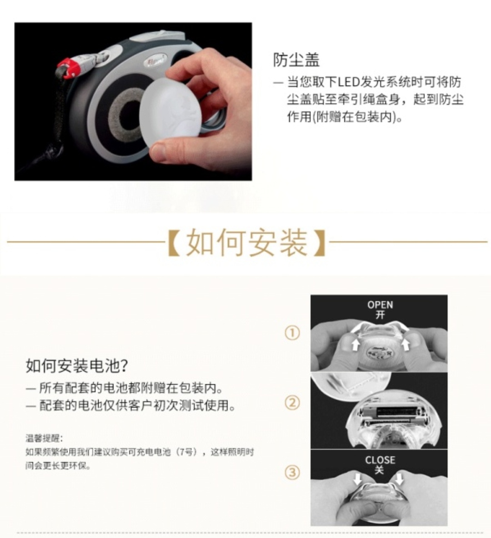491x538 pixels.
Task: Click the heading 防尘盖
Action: [x=296, y=60]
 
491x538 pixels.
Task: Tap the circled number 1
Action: [x=292, y=333]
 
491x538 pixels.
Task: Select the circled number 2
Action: [x=292, y=403]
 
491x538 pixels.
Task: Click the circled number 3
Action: [x=292, y=473]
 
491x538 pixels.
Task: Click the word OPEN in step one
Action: [x=380, y=305]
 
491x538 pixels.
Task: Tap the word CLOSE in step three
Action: [x=380, y=460]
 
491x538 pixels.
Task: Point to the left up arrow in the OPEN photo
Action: [x=355, y=344]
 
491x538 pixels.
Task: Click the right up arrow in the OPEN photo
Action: [x=405, y=344]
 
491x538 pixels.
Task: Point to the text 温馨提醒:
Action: [x=44, y=438]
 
